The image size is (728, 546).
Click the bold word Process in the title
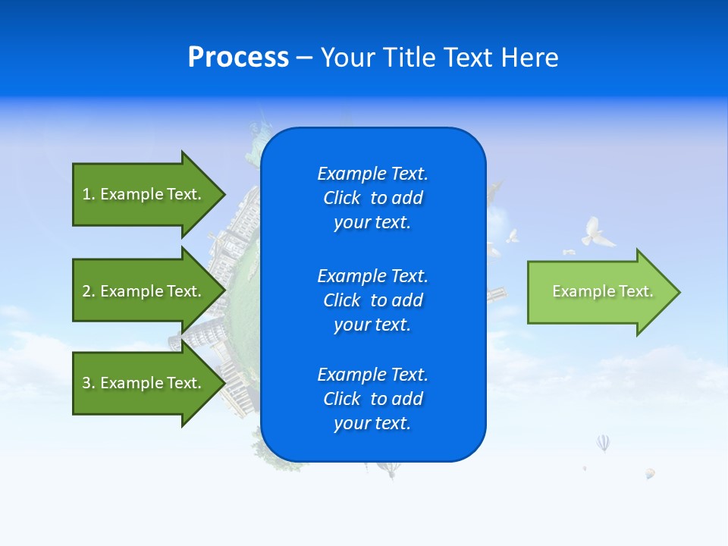point(238,58)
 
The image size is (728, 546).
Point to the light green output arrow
point(599,292)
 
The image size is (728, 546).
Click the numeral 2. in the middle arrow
point(89,291)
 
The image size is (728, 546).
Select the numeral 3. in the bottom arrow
point(89,383)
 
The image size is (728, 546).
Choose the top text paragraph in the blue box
point(372,198)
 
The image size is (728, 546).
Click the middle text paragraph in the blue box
point(372,300)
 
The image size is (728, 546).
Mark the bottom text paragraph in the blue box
point(372,399)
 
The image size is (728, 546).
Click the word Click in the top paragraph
point(341,198)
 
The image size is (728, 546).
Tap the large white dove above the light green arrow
point(598,232)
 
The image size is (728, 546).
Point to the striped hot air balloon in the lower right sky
point(603,442)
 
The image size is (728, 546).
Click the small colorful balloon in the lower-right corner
point(650,473)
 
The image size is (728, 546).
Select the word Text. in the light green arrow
point(635,291)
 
